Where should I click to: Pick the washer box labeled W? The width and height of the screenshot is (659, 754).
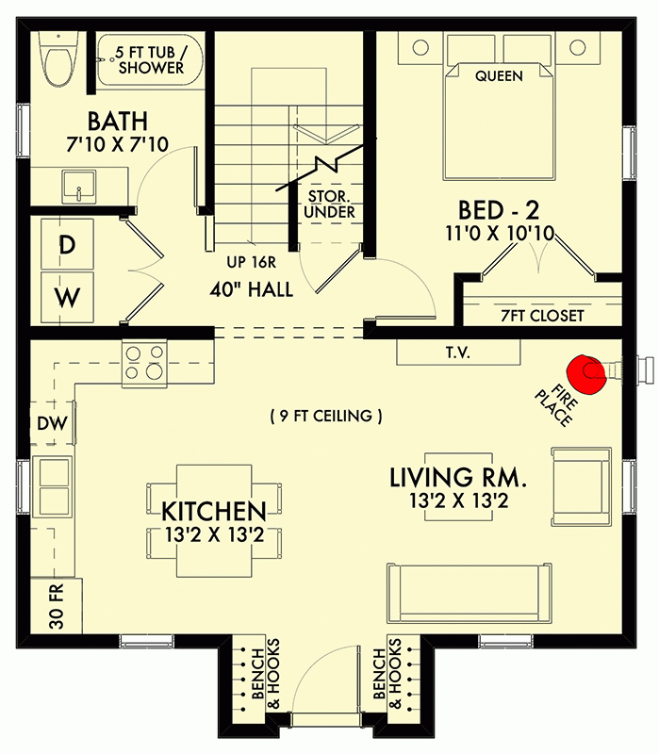(67, 299)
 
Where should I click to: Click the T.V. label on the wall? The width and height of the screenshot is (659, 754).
(458, 352)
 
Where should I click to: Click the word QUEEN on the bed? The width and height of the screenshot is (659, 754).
(499, 75)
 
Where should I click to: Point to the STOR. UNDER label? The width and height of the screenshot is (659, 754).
(331, 205)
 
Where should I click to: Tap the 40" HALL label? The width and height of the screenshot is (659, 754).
(251, 290)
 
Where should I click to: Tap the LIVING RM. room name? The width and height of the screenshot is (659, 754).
(458, 478)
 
